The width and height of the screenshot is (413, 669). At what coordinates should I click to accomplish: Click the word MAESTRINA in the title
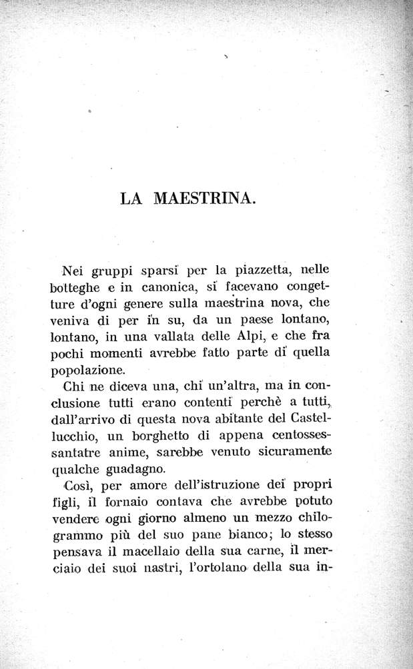(x=205, y=199)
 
